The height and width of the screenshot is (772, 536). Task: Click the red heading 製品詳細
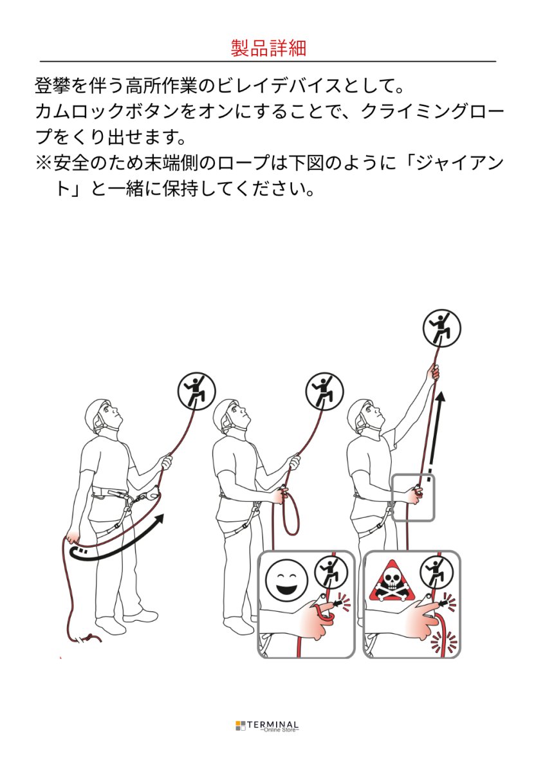[268, 48]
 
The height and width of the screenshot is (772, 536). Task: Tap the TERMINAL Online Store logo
[267, 726]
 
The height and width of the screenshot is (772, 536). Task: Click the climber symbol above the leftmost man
[196, 391]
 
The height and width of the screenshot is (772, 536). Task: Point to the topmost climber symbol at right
[441, 327]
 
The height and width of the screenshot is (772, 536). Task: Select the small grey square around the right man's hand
[413, 497]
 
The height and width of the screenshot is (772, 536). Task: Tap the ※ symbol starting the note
[42, 163]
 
